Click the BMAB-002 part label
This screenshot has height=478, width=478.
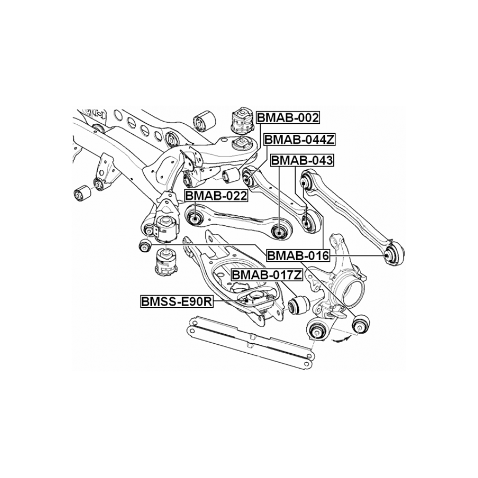(x=288, y=118)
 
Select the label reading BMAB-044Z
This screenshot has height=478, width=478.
(x=299, y=139)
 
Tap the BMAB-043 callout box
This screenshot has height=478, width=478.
(x=301, y=160)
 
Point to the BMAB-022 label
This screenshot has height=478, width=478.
(x=216, y=196)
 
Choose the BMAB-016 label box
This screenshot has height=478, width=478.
(x=298, y=256)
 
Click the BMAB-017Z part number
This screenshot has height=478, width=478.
(x=266, y=274)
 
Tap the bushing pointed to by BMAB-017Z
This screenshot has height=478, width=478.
(x=299, y=304)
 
